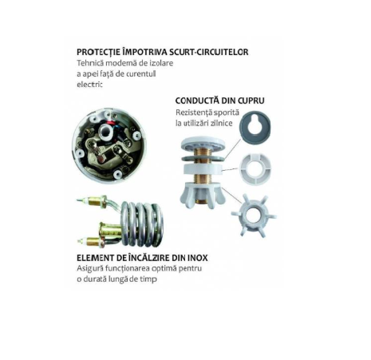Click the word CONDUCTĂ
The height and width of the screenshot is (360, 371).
pyautogui.click(x=196, y=101)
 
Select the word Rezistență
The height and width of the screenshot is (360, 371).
pyautogui.click(x=193, y=113)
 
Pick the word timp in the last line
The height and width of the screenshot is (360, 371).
pyautogui.click(x=148, y=279)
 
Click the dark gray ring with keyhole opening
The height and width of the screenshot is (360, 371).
pyautogui.click(x=255, y=126)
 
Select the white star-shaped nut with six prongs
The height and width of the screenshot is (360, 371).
pyautogui.click(x=254, y=215)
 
